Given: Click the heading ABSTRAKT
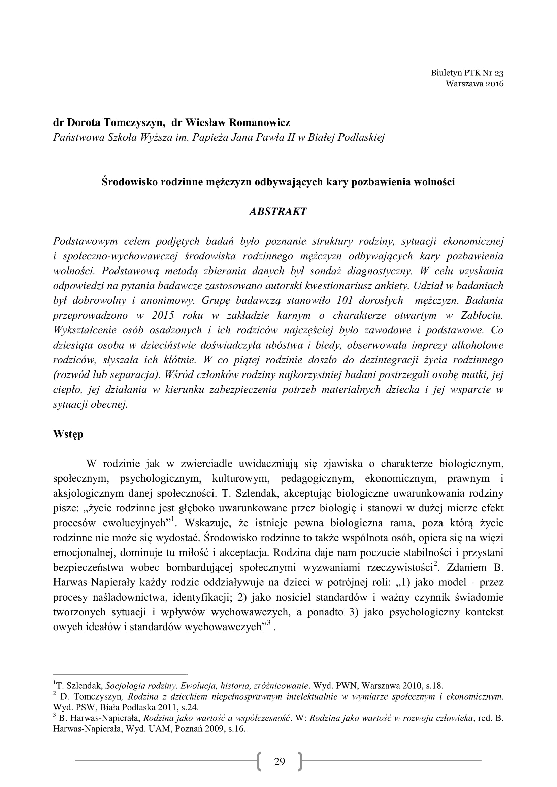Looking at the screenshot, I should click(278, 212).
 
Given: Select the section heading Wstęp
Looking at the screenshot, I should click(68, 434).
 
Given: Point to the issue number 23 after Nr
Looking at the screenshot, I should click(499, 73).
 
